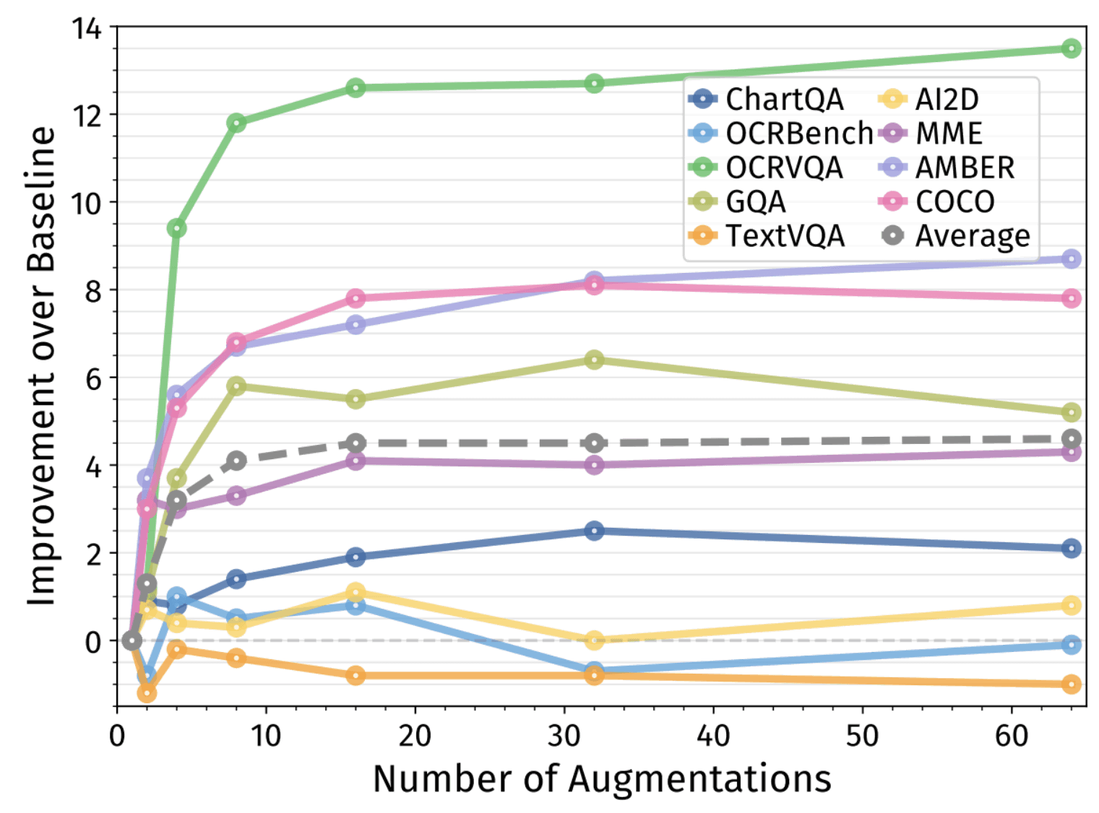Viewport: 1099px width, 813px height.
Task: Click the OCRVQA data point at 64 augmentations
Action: pos(1072,48)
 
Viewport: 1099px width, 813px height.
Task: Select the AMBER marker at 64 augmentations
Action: pos(1072,258)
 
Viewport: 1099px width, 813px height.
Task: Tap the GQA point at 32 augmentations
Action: pos(594,359)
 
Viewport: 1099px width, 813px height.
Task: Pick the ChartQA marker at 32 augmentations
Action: pos(594,531)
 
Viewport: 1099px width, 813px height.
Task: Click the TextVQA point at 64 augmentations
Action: pos(1072,684)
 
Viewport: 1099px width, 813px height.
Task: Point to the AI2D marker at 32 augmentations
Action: pos(594,640)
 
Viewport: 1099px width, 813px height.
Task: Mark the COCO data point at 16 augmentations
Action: pos(355,298)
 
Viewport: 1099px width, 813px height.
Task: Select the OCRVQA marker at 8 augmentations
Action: pos(236,123)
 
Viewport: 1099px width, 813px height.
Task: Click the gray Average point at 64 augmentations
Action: pos(1072,438)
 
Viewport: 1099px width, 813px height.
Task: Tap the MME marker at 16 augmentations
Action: pos(355,461)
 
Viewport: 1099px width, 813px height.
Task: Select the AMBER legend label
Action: pos(965,168)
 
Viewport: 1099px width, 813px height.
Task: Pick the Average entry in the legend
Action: pos(972,235)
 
